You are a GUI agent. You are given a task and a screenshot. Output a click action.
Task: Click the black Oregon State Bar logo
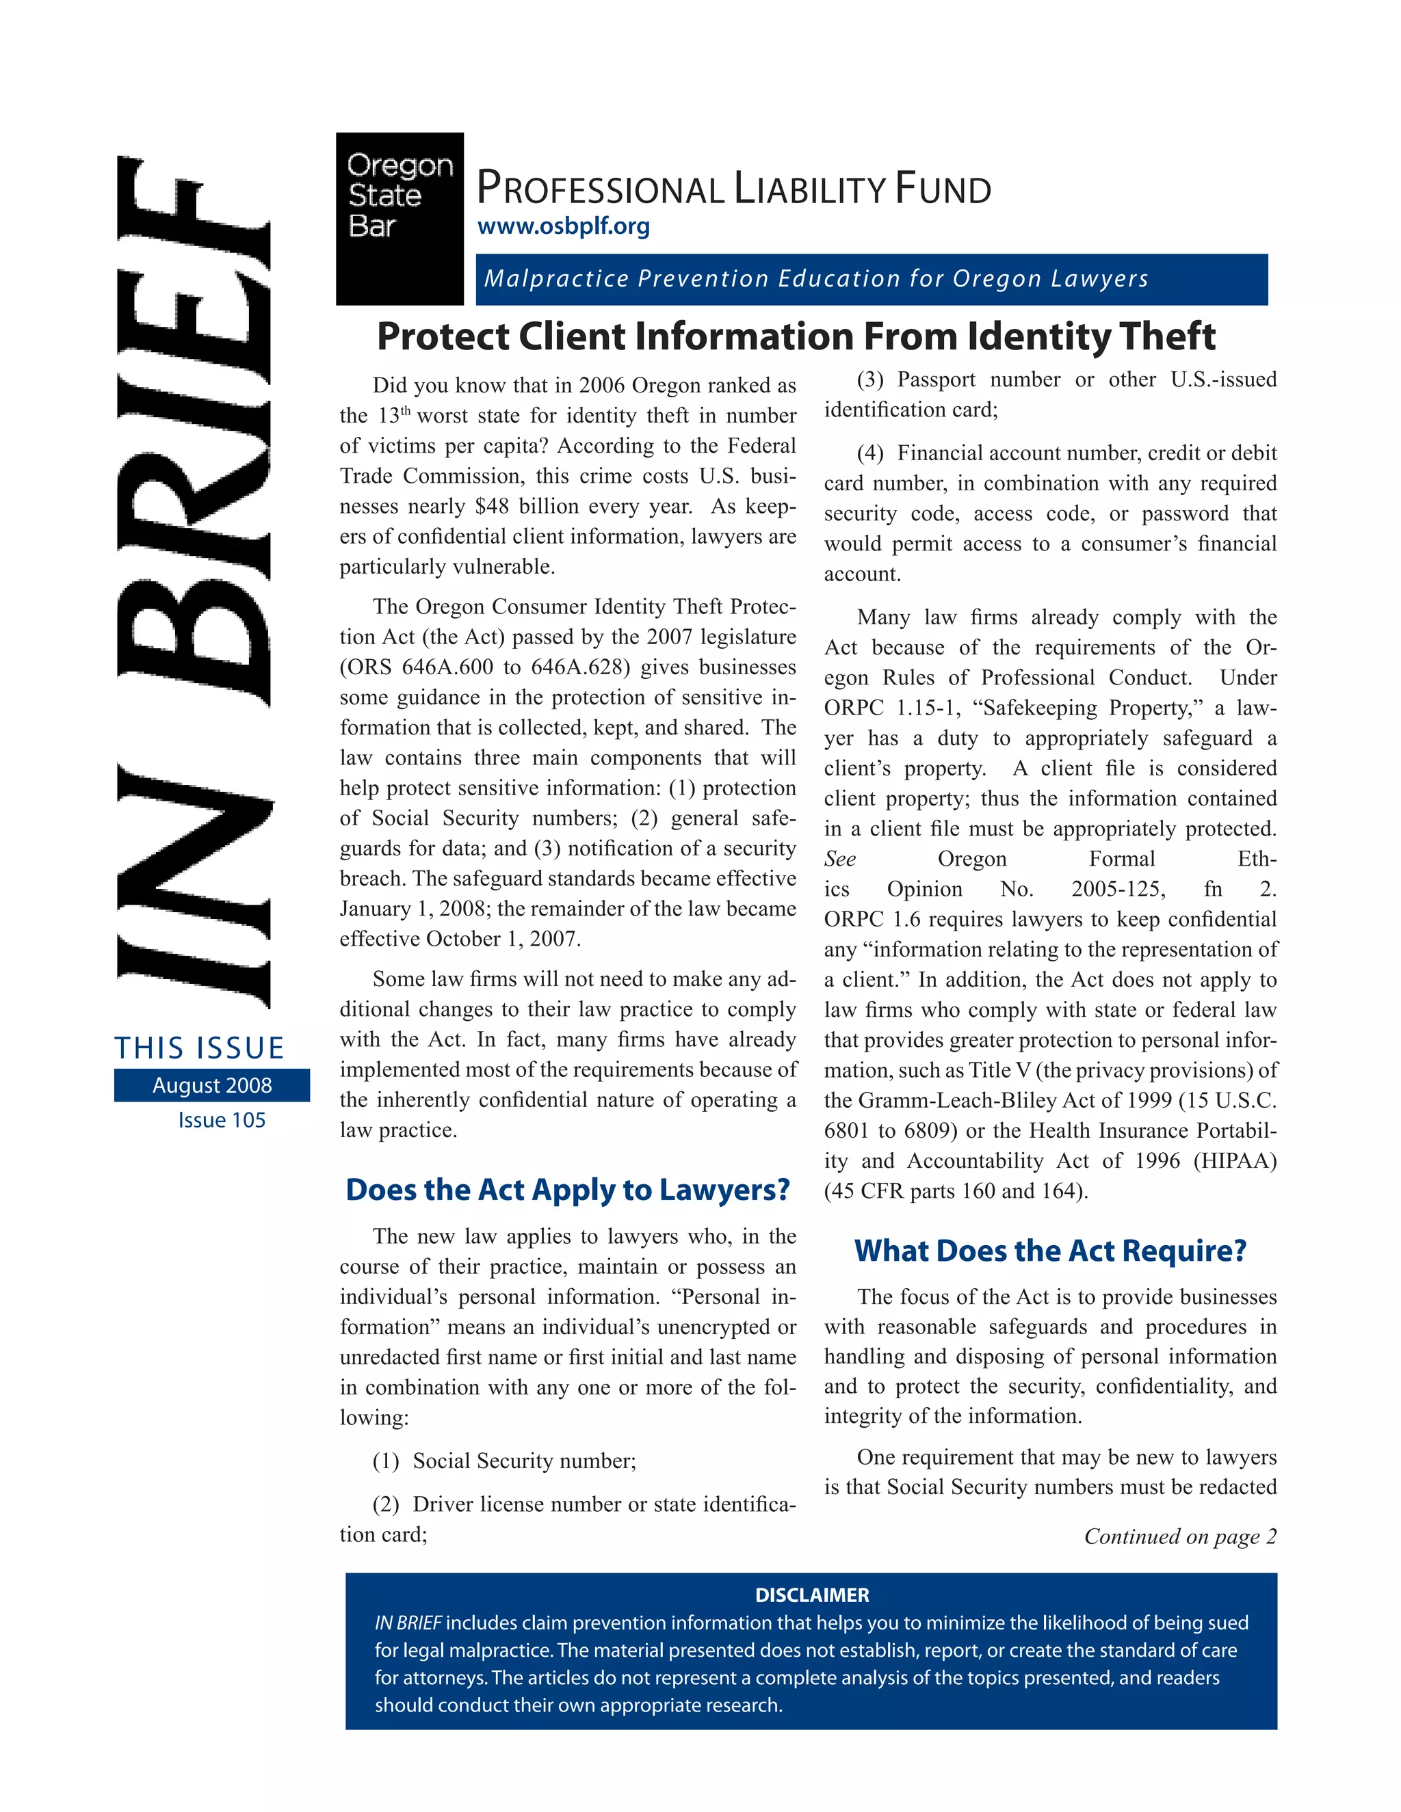[400, 218]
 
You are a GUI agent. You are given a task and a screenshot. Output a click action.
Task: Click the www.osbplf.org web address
[564, 226]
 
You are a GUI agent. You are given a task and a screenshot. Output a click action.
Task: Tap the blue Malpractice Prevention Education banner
[871, 279]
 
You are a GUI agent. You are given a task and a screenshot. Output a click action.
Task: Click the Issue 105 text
[222, 1120]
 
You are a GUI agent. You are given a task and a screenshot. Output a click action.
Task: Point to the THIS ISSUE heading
[199, 1048]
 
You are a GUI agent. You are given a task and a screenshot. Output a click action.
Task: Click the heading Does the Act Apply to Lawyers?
[568, 1190]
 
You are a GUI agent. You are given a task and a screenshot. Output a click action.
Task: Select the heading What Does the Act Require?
[1050, 1251]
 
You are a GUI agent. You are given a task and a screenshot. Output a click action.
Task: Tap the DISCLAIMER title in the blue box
[812, 1595]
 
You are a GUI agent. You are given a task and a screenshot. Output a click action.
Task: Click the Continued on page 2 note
[1179, 1536]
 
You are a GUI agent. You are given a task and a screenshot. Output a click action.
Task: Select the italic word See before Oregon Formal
[840, 859]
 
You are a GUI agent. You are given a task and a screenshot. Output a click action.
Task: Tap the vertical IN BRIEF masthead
[194, 581]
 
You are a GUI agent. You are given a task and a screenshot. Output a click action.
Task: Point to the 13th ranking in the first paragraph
[393, 416]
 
